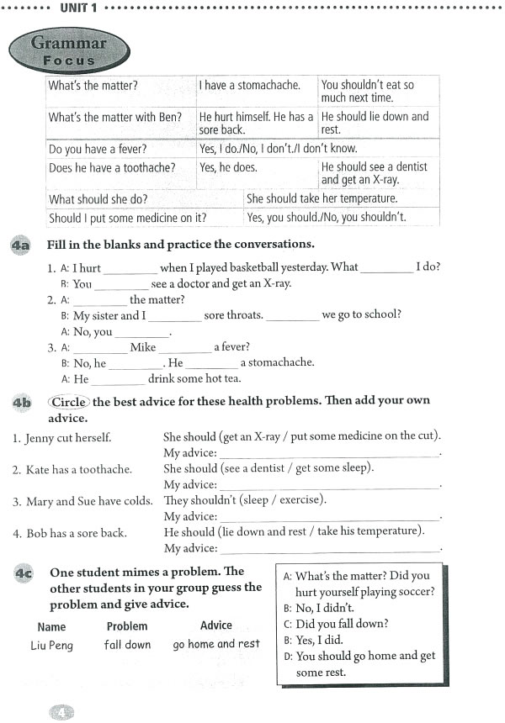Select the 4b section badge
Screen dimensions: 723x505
pos(21,403)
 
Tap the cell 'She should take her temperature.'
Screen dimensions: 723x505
pos(322,199)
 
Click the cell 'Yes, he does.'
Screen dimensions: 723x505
pos(228,167)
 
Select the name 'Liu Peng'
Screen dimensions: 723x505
pos(51,645)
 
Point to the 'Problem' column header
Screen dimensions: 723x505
pos(127,626)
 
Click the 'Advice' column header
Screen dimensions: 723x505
pos(216,625)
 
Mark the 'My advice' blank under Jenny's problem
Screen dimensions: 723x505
pos(329,454)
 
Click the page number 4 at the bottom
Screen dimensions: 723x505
pos(62,711)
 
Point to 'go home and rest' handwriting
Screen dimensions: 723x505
pos(216,644)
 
